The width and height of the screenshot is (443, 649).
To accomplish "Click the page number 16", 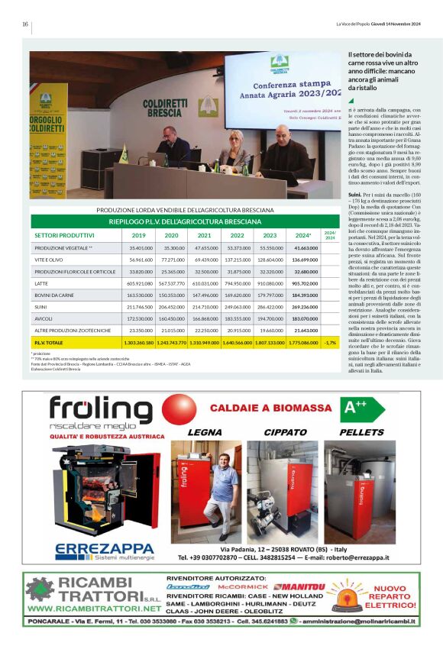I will [25, 24].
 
